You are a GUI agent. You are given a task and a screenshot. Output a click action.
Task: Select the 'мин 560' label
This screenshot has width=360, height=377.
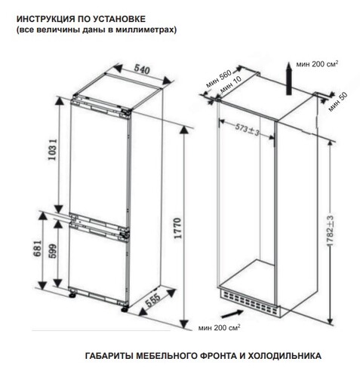214,81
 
